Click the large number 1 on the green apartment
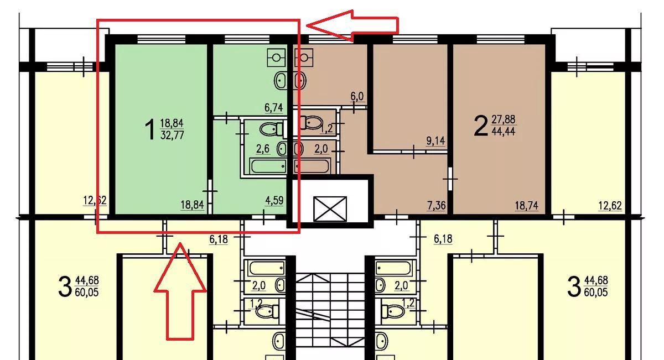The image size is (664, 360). pyautogui.click(x=151, y=129)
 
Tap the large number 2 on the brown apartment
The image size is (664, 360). pyautogui.click(x=481, y=126)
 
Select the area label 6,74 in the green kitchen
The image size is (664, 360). pyautogui.click(x=273, y=107)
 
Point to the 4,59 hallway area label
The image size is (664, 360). pyautogui.click(x=274, y=201)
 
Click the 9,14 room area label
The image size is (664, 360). pyautogui.click(x=436, y=141)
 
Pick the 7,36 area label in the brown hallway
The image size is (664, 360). pyautogui.click(x=437, y=205)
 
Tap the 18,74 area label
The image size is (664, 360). pyautogui.click(x=526, y=205)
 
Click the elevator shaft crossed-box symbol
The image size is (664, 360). pyautogui.click(x=330, y=209)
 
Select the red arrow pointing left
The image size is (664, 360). pyautogui.click(x=352, y=25)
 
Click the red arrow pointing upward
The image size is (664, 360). pyautogui.click(x=180, y=291)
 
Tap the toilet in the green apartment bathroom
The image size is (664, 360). pyautogui.click(x=271, y=129)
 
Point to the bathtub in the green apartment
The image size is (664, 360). pyautogui.click(x=268, y=166)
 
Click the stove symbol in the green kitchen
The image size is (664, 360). pyautogui.click(x=276, y=58)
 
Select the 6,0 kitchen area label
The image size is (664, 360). pyautogui.click(x=357, y=96)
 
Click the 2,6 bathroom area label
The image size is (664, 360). pyautogui.click(x=263, y=149)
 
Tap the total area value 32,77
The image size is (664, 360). pyautogui.click(x=172, y=135)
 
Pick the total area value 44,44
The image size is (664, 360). pyautogui.click(x=504, y=131)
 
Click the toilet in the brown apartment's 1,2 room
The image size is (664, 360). pyautogui.click(x=311, y=122)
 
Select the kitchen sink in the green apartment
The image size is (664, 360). pyautogui.click(x=281, y=80)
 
